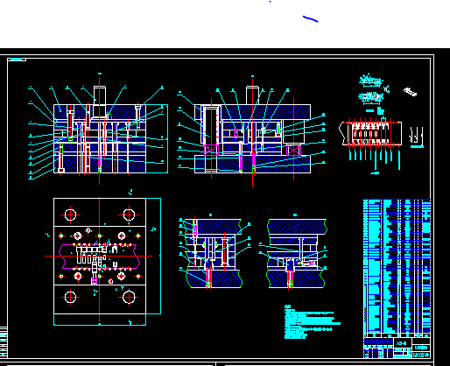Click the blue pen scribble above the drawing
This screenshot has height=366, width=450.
(309, 18)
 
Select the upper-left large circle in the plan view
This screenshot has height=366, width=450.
(69, 214)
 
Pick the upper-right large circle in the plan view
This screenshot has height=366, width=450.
(130, 214)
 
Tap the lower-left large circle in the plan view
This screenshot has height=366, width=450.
(69, 297)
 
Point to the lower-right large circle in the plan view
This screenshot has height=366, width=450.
(130, 297)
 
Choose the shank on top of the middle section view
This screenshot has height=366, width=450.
(253, 95)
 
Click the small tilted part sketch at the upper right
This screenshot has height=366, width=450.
(409, 90)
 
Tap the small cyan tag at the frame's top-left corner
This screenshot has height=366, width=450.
(17, 60)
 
